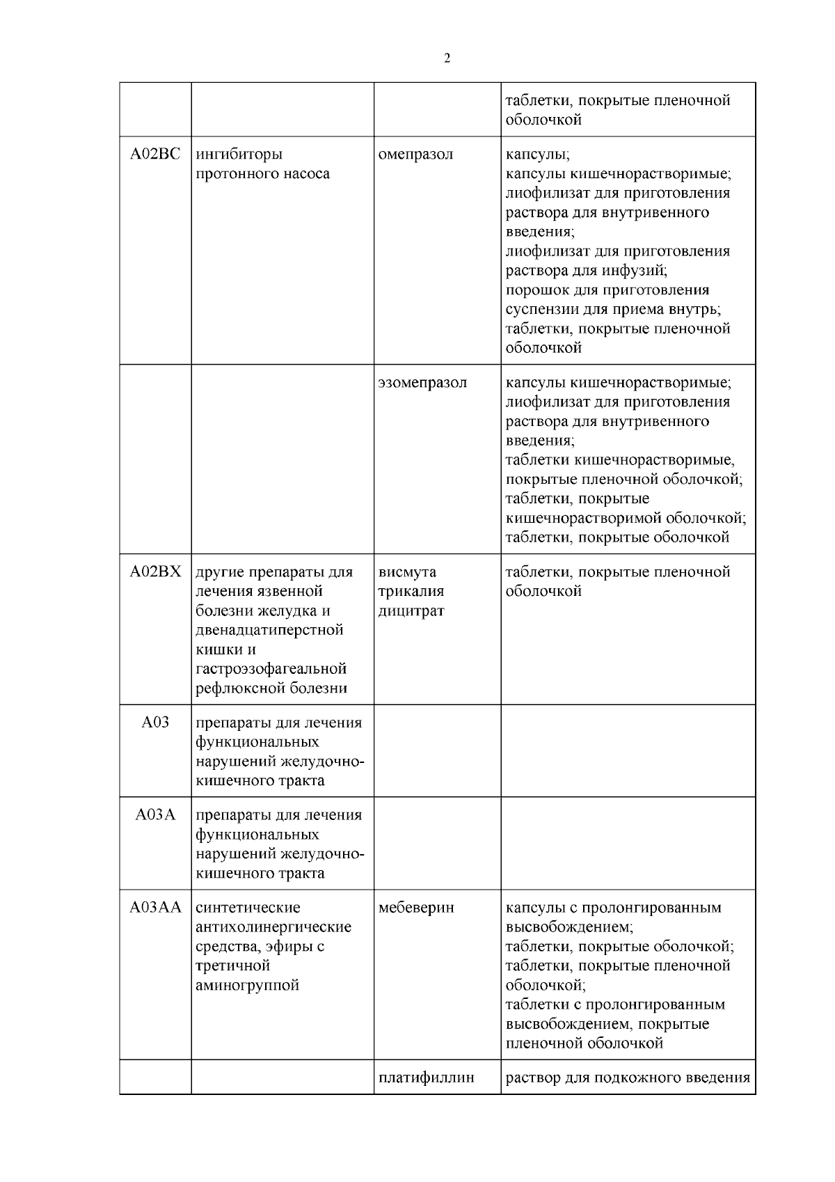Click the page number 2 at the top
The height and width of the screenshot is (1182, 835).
coord(447,58)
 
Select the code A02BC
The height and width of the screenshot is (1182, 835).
coord(155,155)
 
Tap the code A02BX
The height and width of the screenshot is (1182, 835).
coord(155,572)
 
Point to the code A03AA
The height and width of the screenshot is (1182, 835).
coord(155,908)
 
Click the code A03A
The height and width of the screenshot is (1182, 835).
coord(155,815)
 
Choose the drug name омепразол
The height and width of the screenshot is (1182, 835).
coord(415,155)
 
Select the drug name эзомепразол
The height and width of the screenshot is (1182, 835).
coord(422,383)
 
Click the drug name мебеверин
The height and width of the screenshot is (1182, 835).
coord(416,908)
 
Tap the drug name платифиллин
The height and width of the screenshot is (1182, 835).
coord(427,1078)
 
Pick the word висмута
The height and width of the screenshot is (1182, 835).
coord(407,572)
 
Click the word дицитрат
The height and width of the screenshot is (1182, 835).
coord(411,611)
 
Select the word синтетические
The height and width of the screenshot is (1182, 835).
coord(248,908)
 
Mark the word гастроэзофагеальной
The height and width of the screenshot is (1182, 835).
coord(271,670)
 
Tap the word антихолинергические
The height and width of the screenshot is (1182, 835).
coord(273,927)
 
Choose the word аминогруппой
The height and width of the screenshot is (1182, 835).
coord(248,986)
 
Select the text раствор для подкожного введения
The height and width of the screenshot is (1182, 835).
coord(628,1078)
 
